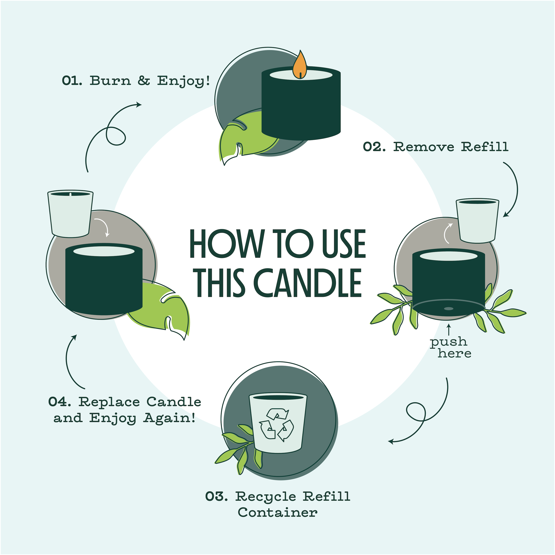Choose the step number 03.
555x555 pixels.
[x=217, y=496]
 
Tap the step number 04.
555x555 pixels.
[x=59, y=402]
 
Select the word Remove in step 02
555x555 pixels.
[x=424, y=147]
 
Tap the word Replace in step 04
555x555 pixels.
[x=109, y=402]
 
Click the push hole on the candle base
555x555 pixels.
[x=449, y=309]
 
